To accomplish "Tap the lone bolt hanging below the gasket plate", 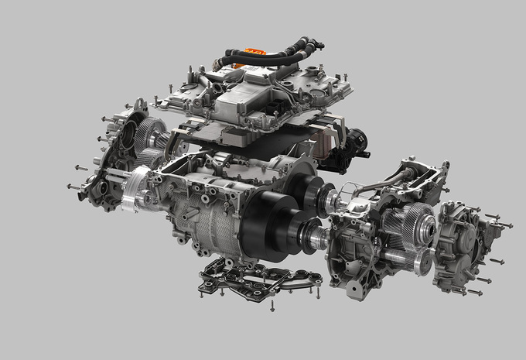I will click(272, 305).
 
